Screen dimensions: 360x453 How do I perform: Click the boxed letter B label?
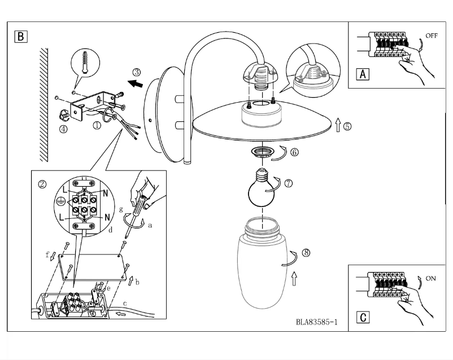click(20, 37)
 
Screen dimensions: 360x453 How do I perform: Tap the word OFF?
click(432, 36)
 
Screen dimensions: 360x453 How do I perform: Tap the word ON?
click(430, 279)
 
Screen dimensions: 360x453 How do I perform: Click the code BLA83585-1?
click(316, 322)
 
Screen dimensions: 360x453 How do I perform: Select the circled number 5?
click(347, 126)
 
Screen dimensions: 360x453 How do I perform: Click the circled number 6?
click(294, 152)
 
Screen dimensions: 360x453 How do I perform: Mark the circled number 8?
click(306, 253)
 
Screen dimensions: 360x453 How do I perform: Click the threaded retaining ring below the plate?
click(263, 151)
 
